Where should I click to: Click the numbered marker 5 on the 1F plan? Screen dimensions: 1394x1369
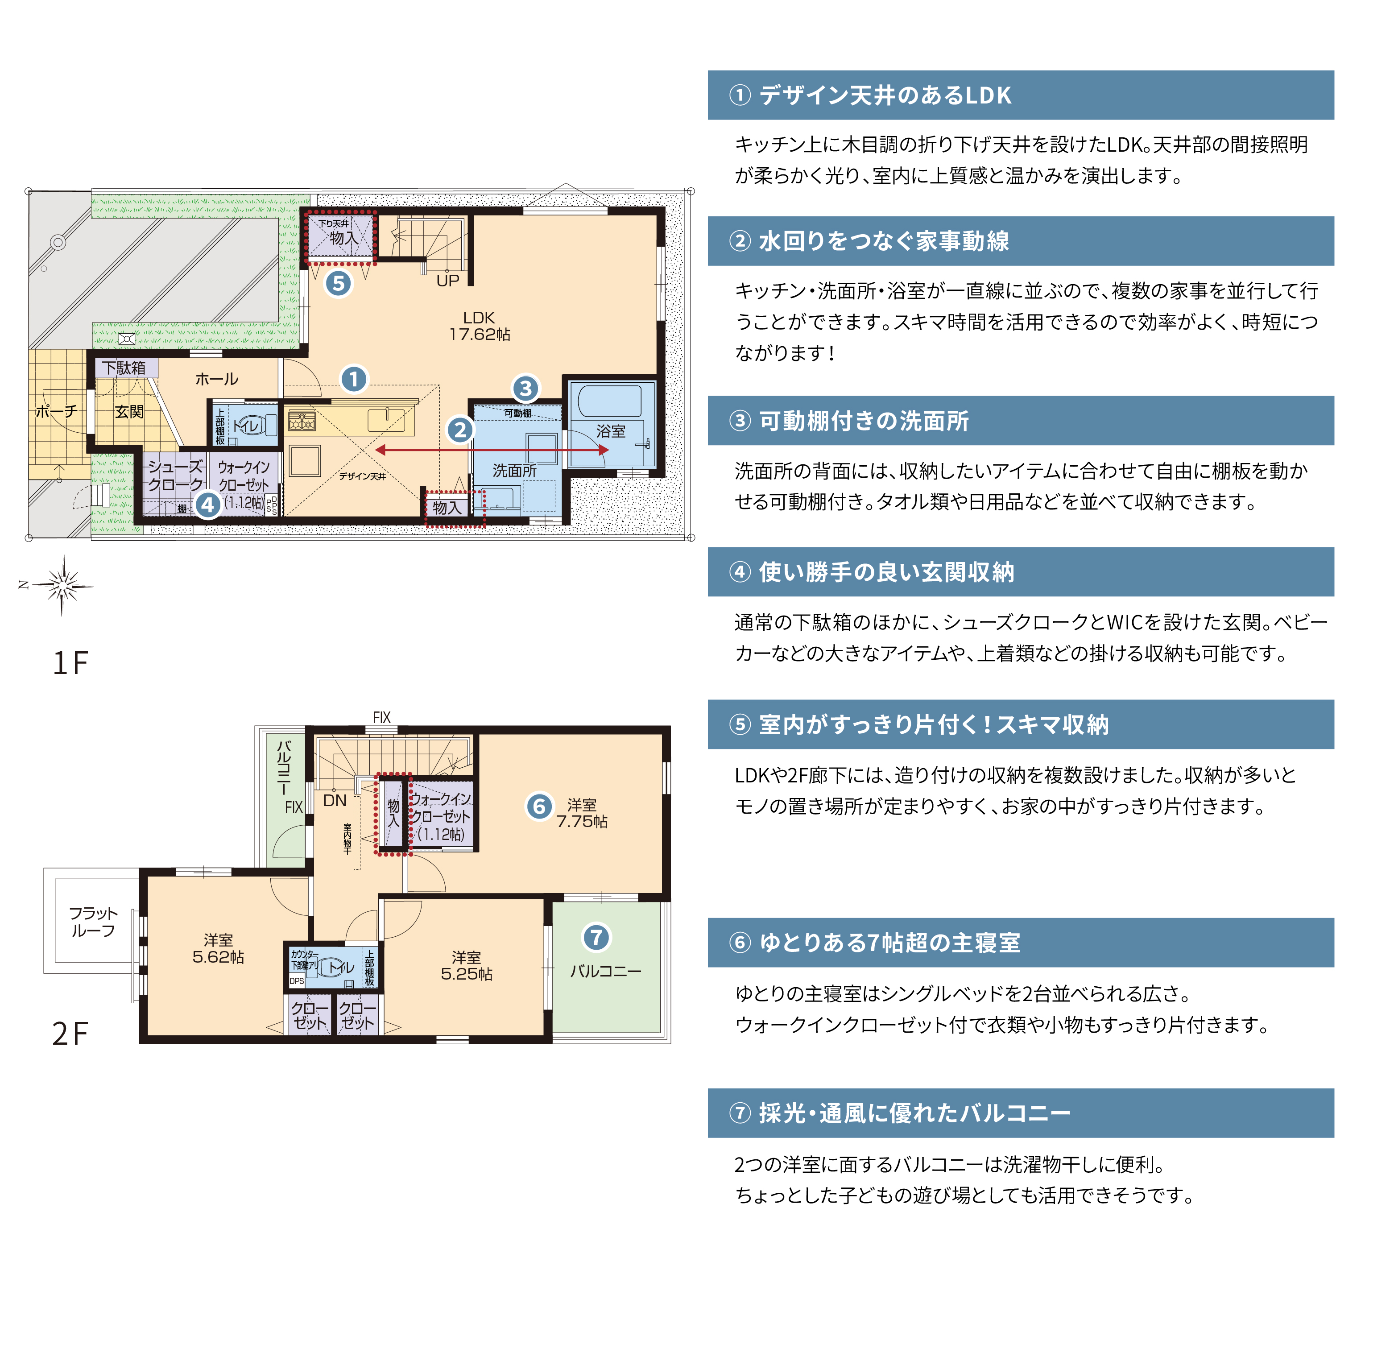click(x=339, y=283)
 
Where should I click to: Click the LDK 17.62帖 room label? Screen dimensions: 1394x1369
click(x=480, y=326)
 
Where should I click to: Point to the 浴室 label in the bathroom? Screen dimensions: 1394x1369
click(x=611, y=431)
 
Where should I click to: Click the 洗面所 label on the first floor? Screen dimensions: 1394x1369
click(x=515, y=471)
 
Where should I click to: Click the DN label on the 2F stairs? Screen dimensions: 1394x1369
click(x=335, y=800)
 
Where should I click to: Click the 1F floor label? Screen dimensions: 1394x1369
click(x=70, y=663)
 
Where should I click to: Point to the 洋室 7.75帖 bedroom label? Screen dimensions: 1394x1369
click(x=582, y=813)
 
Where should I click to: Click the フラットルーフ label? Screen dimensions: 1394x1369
click(x=93, y=922)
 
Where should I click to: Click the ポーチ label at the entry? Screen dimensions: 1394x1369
click(x=56, y=411)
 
